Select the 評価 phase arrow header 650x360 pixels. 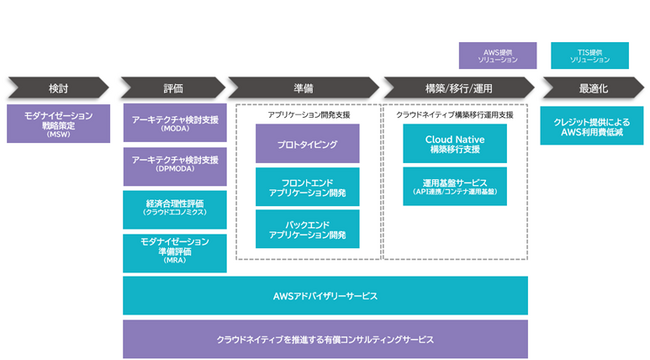click(172, 86)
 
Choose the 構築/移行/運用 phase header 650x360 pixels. click(456, 86)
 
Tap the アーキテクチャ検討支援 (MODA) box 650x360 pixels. click(175, 124)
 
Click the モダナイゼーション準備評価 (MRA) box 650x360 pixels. click(175, 252)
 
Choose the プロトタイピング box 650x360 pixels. click(307, 144)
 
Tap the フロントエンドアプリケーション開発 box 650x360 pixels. click(307, 186)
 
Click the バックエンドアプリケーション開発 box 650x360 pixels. click(307, 229)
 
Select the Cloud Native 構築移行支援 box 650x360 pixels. click(455, 144)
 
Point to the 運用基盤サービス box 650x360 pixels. click(455, 186)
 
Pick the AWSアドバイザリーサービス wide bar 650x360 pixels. click(325, 297)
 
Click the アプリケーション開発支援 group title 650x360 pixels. click(307, 115)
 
